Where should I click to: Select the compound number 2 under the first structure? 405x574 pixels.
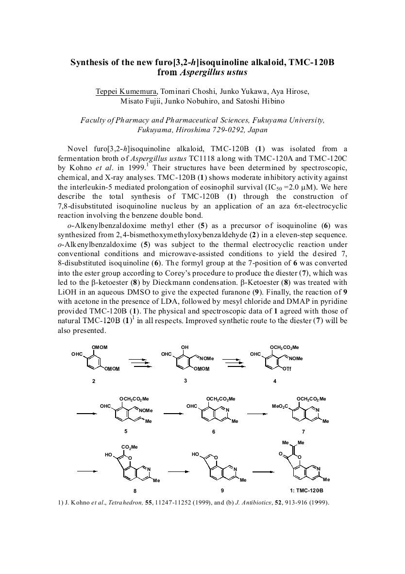pyautogui.click(x=94, y=381)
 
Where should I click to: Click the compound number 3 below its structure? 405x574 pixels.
pyautogui.click(x=185, y=381)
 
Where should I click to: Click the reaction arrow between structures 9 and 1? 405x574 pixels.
pyautogui.click(x=262, y=471)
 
